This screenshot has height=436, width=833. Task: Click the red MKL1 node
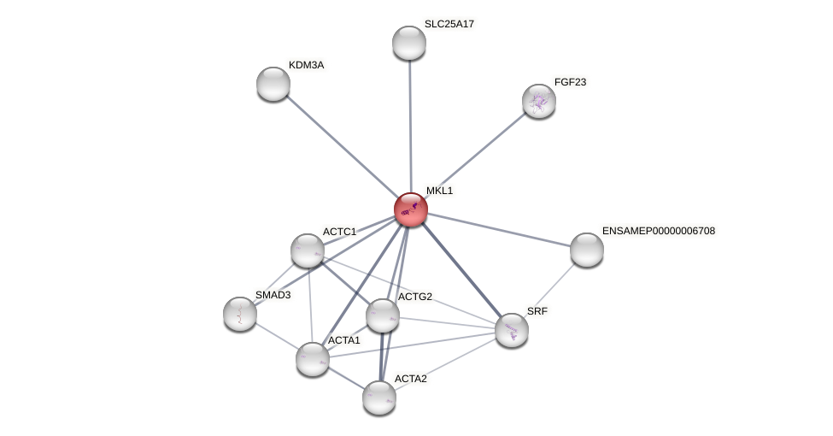tap(411, 209)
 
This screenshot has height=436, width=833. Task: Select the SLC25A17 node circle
tap(409, 43)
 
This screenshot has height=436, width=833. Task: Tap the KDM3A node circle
tap(273, 84)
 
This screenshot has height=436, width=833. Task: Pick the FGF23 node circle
tap(539, 101)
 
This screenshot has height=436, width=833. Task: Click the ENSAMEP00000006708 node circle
tap(587, 250)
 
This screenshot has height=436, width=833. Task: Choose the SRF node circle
tap(512, 330)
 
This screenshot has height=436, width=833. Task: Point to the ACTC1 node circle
tap(308, 250)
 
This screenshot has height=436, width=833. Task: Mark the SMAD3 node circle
tap(240, 314)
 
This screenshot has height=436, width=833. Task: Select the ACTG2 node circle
tap(383, 315)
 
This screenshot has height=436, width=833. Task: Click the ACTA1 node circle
tap(313, 359)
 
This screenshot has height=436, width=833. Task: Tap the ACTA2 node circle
tap(379, 398)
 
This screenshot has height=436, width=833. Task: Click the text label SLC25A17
tap(449, 24)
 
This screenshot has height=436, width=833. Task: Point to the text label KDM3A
tap(306, 65)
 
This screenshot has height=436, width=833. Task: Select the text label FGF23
tap(570, 82)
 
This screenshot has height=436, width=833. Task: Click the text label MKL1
tap(439, 191)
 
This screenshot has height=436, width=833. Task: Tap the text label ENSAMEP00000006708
tap(658, 231)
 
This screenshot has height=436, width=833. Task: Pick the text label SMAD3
tap(273, 295)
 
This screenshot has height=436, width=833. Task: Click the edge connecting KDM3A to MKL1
tap(342, 146)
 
